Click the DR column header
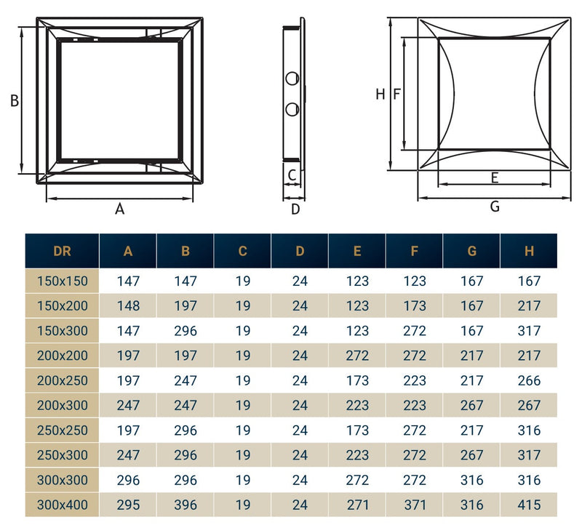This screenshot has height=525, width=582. coord(62,252)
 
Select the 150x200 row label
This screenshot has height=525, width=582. coord(62,306)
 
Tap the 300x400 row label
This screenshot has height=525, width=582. coord(62,505)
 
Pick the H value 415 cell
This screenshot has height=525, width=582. coord(529,505)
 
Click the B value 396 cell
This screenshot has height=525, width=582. coord(186,505)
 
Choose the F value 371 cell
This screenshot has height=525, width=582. coord(414,505)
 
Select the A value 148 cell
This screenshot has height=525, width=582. coord(128,306)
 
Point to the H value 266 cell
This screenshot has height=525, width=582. coord(529,380)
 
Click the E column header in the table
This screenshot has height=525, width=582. coord(356,252)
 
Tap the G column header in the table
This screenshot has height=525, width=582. coord(471,252)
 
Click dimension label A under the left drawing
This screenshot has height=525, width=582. coord(120,209)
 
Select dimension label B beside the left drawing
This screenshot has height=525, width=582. coord(14,101)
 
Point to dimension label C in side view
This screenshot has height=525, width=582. coord(292,175)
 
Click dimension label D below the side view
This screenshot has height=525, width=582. coord(295,209)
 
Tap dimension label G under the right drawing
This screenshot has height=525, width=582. coord(495,207)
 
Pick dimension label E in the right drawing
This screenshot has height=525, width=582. coord(495,177)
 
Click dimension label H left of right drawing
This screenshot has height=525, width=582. coord(380,94)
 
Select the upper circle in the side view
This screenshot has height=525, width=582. coord(292,79)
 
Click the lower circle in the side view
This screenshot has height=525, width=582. coord(292,109)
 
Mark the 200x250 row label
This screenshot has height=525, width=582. coord(62,380)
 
